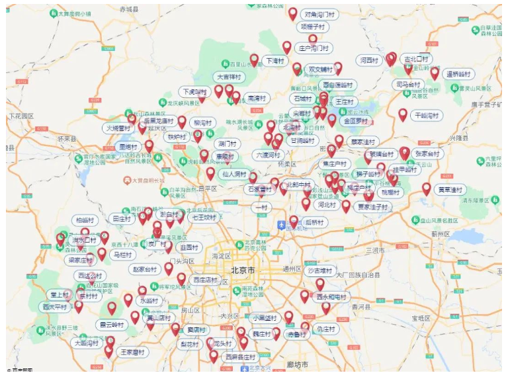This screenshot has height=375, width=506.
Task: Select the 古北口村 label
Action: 417,59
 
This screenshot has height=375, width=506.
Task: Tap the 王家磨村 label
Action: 132,353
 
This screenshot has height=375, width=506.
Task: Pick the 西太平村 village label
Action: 56,307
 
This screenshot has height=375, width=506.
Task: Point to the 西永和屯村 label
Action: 331,297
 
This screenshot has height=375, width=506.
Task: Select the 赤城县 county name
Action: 130,9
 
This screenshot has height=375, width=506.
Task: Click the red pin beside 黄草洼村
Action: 427,189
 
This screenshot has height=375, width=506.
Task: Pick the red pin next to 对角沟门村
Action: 293,13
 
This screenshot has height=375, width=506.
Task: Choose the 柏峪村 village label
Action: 85,220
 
